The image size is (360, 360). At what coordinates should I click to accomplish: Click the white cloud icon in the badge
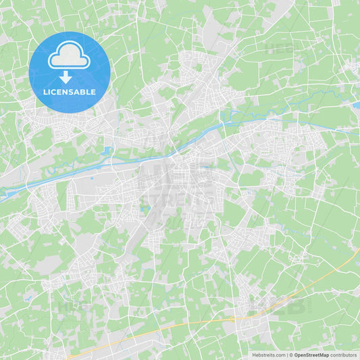69,57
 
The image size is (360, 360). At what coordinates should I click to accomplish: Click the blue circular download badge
69,72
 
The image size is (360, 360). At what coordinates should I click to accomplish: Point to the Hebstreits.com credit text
269,355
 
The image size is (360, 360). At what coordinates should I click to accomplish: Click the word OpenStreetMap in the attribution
312,355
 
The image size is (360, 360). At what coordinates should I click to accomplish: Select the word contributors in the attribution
344,355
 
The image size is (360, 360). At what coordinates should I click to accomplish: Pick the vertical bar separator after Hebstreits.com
287,355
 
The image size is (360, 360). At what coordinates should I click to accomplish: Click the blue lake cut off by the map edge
356,105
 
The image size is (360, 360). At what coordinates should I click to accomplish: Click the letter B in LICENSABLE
82,92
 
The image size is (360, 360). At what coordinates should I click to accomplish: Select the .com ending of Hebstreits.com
280,355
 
